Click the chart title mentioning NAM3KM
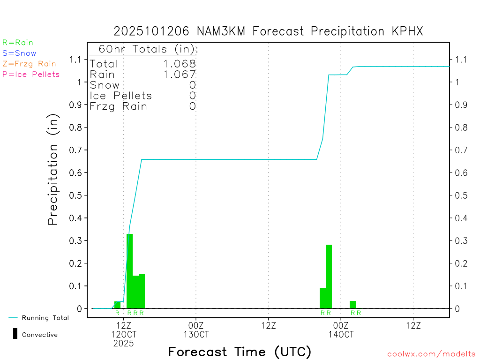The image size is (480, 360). click(x=268, y=31)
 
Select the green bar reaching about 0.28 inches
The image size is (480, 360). click(x=329, y=277)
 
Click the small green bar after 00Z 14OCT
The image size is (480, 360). click(x=352, y=304)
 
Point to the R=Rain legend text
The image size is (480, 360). click(x=18, y=42)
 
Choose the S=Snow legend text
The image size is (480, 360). click(x=19, y=53)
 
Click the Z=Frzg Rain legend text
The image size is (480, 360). click(x=29, y=64)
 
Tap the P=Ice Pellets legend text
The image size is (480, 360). click(x=31, y=74)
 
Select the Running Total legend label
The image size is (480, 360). click(x=45, y=318)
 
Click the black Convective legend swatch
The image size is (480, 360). click(x=15, y=334)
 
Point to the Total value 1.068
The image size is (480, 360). click(x=180, y=64)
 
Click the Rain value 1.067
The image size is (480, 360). click(x=180, y=74)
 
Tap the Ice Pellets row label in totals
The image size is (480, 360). click(x=121, y=96)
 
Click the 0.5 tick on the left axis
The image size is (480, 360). click(x=76, y=195)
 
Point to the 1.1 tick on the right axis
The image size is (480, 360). click(x=461, y=60)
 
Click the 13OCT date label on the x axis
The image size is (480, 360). click(x=196, y=334)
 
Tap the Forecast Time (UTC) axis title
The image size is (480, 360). click(x=240, y=352)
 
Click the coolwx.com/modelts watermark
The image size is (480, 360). click(x=431, y=354)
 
